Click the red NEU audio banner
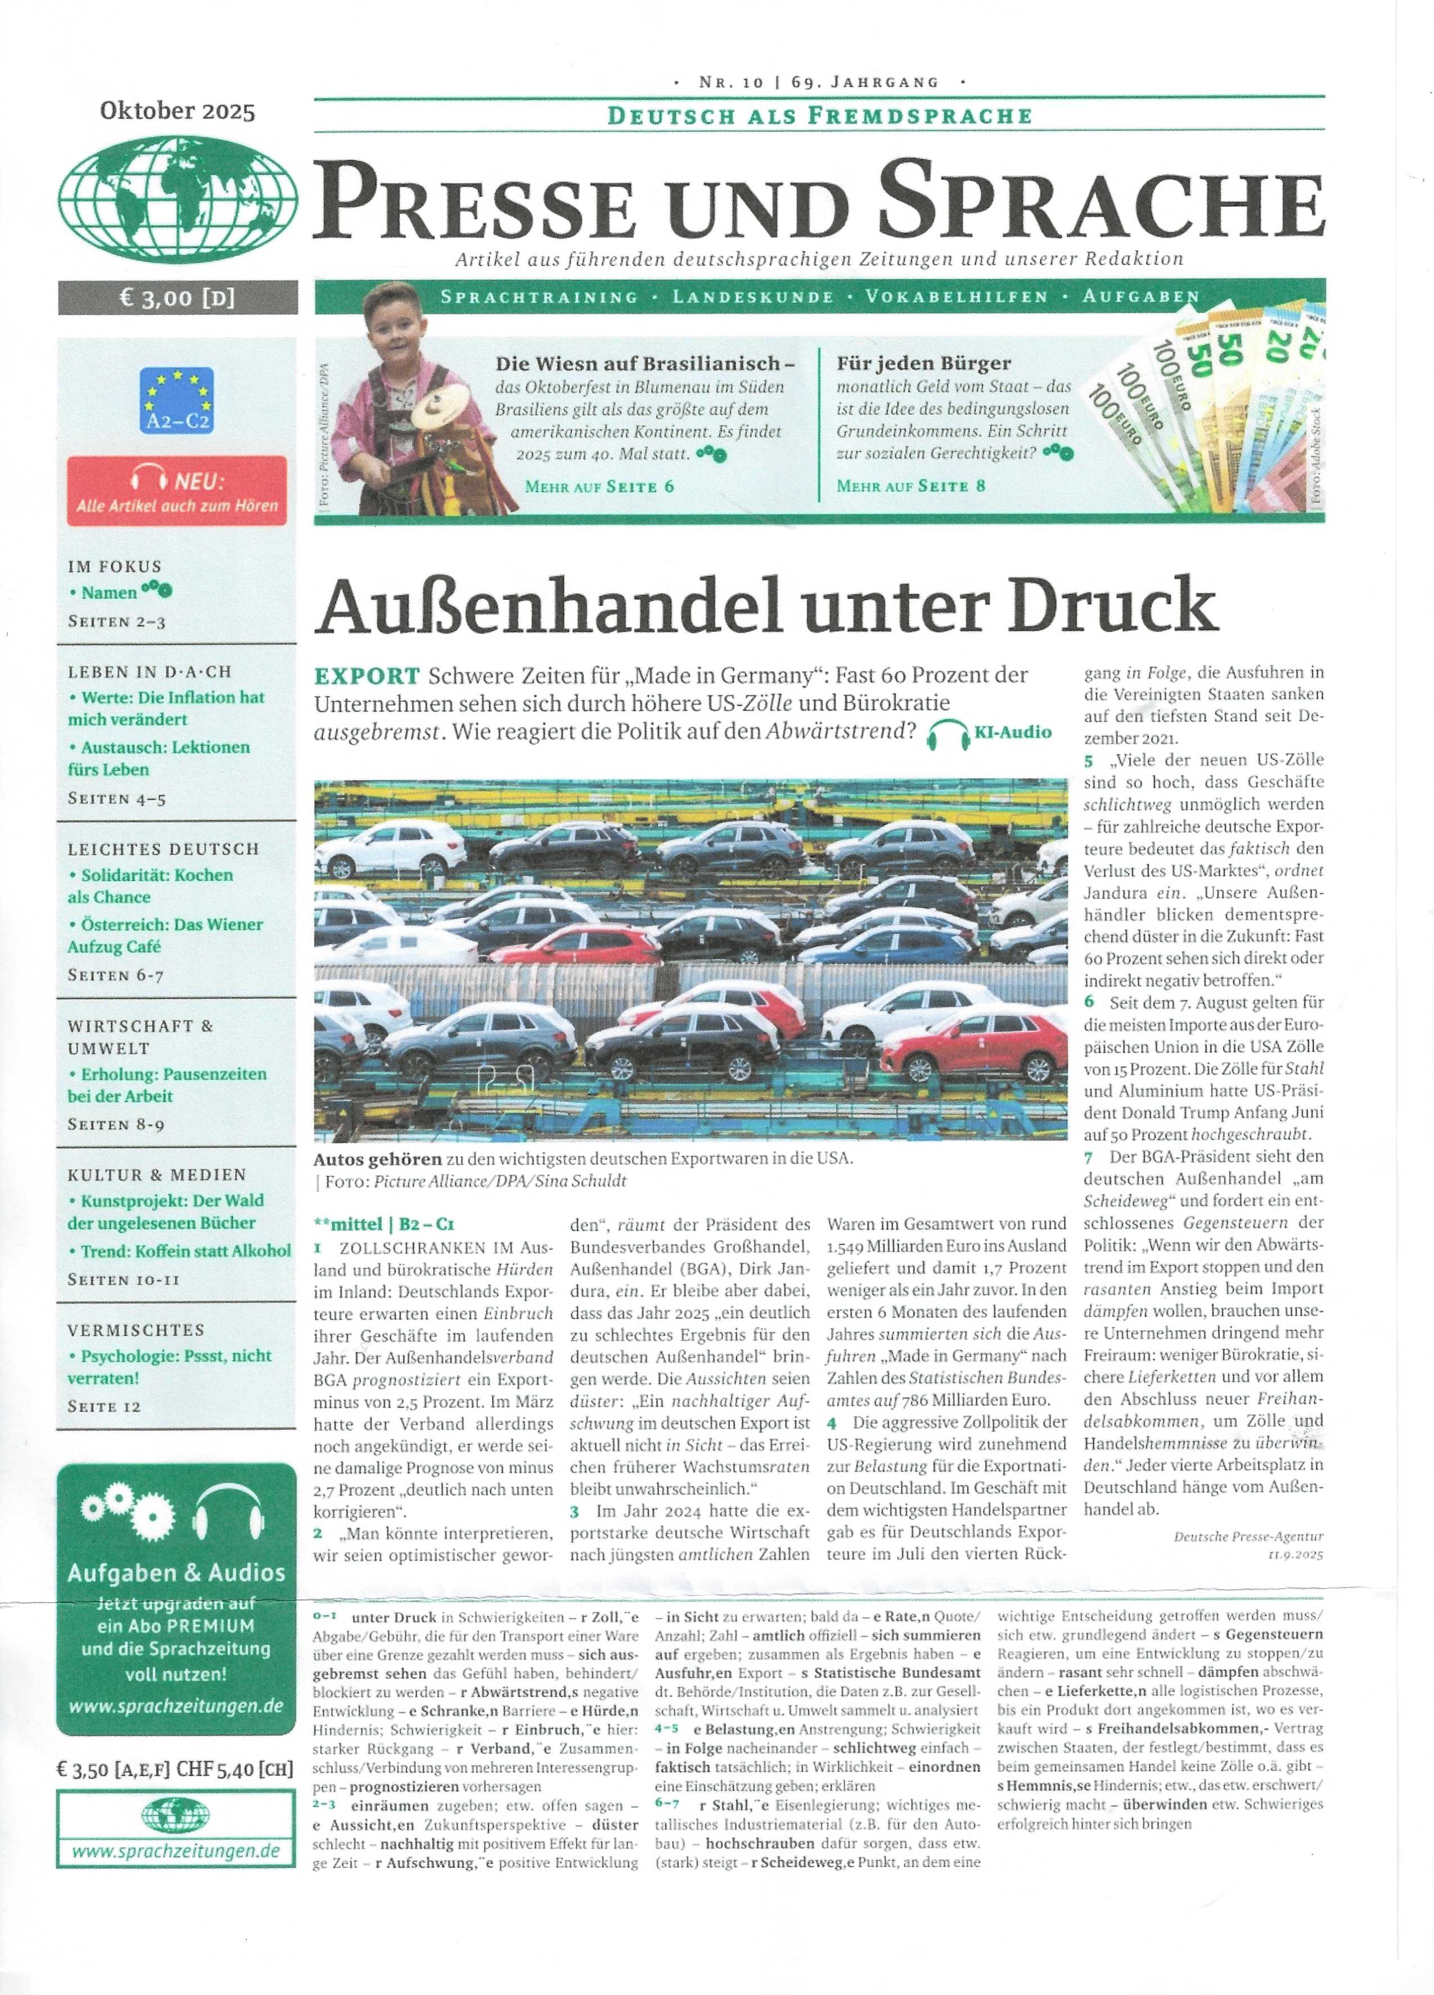click(x=177, y=490)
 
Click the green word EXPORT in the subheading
click(x=367, y=676)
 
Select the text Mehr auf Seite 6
click(x=599, y=486)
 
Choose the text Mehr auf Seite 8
click(x=910, y=486)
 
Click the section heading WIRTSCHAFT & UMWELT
click(x=141, y=1036)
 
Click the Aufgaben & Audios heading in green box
click(x=177, y=1573)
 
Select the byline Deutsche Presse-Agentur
click(x=1247, y=1536)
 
